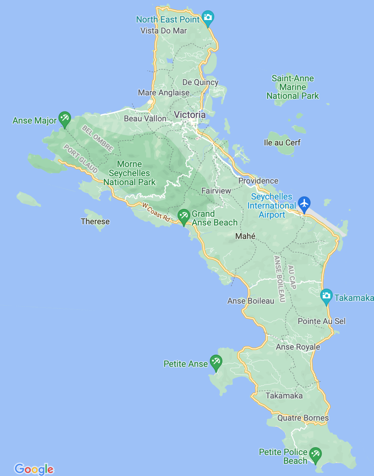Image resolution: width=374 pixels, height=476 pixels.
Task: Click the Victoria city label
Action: pos(190,115)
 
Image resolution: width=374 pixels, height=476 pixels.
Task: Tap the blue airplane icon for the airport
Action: pos(304,204)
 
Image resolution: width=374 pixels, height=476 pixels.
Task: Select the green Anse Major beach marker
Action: pos(65,118)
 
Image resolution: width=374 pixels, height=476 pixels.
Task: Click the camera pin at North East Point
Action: pos(208,17)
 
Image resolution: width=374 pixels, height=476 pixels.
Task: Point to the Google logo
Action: pos(34,469)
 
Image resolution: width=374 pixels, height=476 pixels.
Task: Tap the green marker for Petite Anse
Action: pos(216,362)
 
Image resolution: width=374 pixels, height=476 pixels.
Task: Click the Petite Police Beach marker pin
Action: pos(315,454)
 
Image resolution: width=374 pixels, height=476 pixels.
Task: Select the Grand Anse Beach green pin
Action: pos(184,216)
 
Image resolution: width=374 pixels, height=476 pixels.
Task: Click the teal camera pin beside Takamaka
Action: pos(326,296)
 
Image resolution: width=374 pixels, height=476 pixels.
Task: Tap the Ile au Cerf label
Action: pos(282,143)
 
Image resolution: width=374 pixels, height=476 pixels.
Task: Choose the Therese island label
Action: pos(95,221)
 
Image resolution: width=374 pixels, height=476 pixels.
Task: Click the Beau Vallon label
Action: pos(145,118)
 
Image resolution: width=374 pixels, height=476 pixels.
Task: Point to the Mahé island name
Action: pos(245,236)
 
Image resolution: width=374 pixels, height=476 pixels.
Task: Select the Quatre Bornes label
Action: pos(303,418)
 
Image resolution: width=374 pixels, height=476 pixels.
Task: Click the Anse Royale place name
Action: pos(298,347)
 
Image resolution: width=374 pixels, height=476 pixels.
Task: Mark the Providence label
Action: pos(258,181)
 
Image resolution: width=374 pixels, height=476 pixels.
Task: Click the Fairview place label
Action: pos(216,191)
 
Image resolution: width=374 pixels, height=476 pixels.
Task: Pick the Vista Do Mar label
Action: pos(163,31)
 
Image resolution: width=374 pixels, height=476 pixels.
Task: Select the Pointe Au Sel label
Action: pos(322,321)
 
